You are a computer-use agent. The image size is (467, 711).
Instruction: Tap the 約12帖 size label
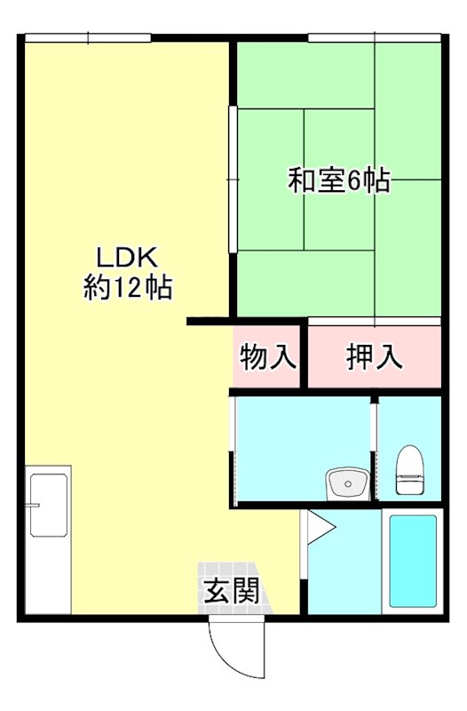point(127,288)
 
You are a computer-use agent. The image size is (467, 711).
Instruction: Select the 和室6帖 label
point(339,181)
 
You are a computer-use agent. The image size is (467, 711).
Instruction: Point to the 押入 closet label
point(374,357)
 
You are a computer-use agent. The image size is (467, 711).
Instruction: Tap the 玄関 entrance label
point(233,591)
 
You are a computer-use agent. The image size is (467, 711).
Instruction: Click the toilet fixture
point(409,470)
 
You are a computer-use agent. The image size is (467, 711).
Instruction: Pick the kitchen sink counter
point(48,542)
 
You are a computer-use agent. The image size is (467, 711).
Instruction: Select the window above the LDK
point(88,36)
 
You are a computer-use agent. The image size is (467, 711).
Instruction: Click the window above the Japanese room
point(374,36)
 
